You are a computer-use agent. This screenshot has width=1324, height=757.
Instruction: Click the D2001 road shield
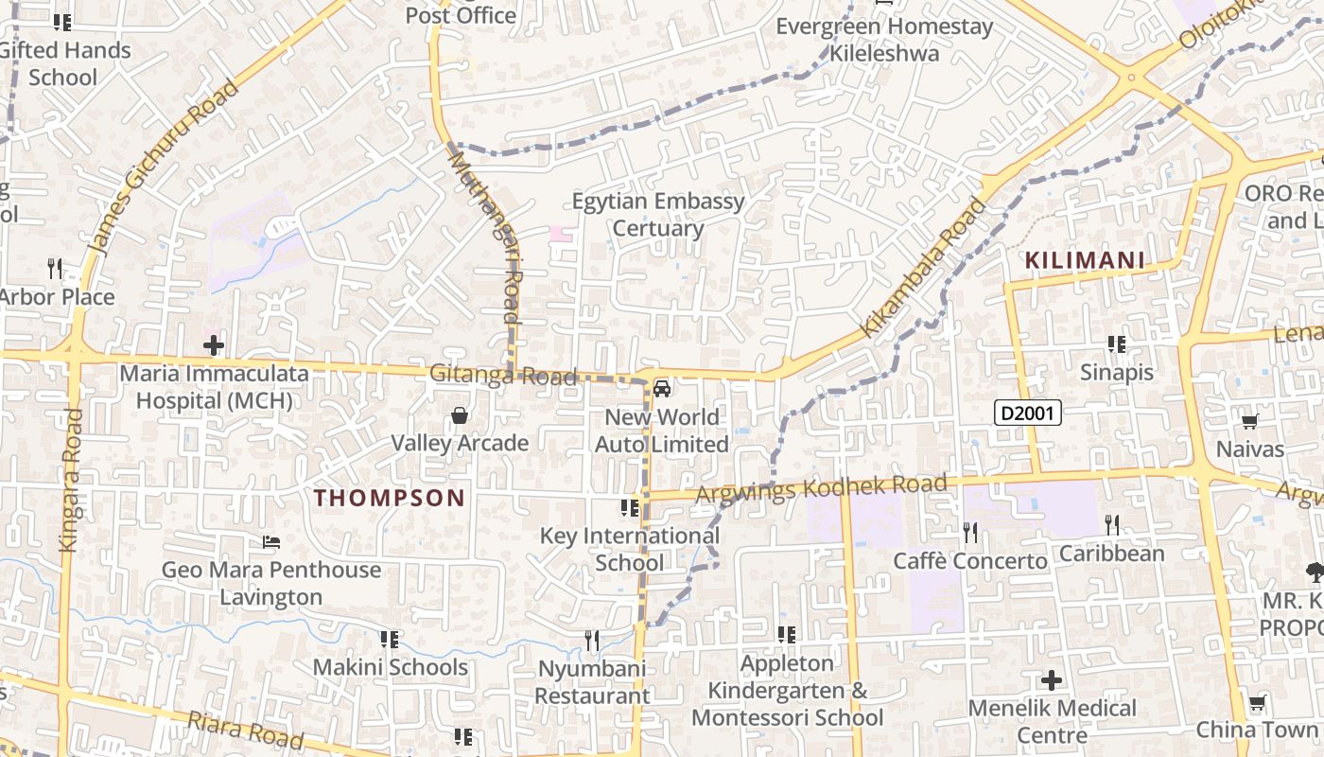(x=1028, y=413)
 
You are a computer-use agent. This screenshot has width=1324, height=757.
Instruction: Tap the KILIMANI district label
(x=1085, y=260)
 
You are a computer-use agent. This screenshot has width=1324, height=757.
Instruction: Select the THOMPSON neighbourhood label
(x=389, y=498)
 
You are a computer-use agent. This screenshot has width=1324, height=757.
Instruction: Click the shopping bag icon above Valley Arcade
(x=460, y=415)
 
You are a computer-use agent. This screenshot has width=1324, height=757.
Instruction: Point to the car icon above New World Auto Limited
(x=662, y=388)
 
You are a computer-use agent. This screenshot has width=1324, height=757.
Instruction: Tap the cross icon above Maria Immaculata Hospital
(x=214, y=345)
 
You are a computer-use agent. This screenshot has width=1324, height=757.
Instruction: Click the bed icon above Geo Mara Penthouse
(x=271, y=542)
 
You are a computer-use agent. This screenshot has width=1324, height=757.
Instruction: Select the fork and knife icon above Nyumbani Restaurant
(x=592, y=641)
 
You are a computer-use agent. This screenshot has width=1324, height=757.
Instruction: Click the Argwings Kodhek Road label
(x=821, y=489)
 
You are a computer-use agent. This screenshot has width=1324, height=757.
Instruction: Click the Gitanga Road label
(x=502, y=375)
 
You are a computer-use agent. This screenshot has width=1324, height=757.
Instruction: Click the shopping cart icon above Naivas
(x=1250, y=421)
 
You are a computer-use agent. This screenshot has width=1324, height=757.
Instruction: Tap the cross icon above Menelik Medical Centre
(x=1051, y=680)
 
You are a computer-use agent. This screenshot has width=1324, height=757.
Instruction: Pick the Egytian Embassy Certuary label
(x=658, y=215)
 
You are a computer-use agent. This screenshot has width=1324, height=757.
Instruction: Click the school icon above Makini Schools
(x=389, y=640)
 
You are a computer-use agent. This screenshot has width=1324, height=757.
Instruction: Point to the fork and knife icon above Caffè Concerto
(x=970, y=533)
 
